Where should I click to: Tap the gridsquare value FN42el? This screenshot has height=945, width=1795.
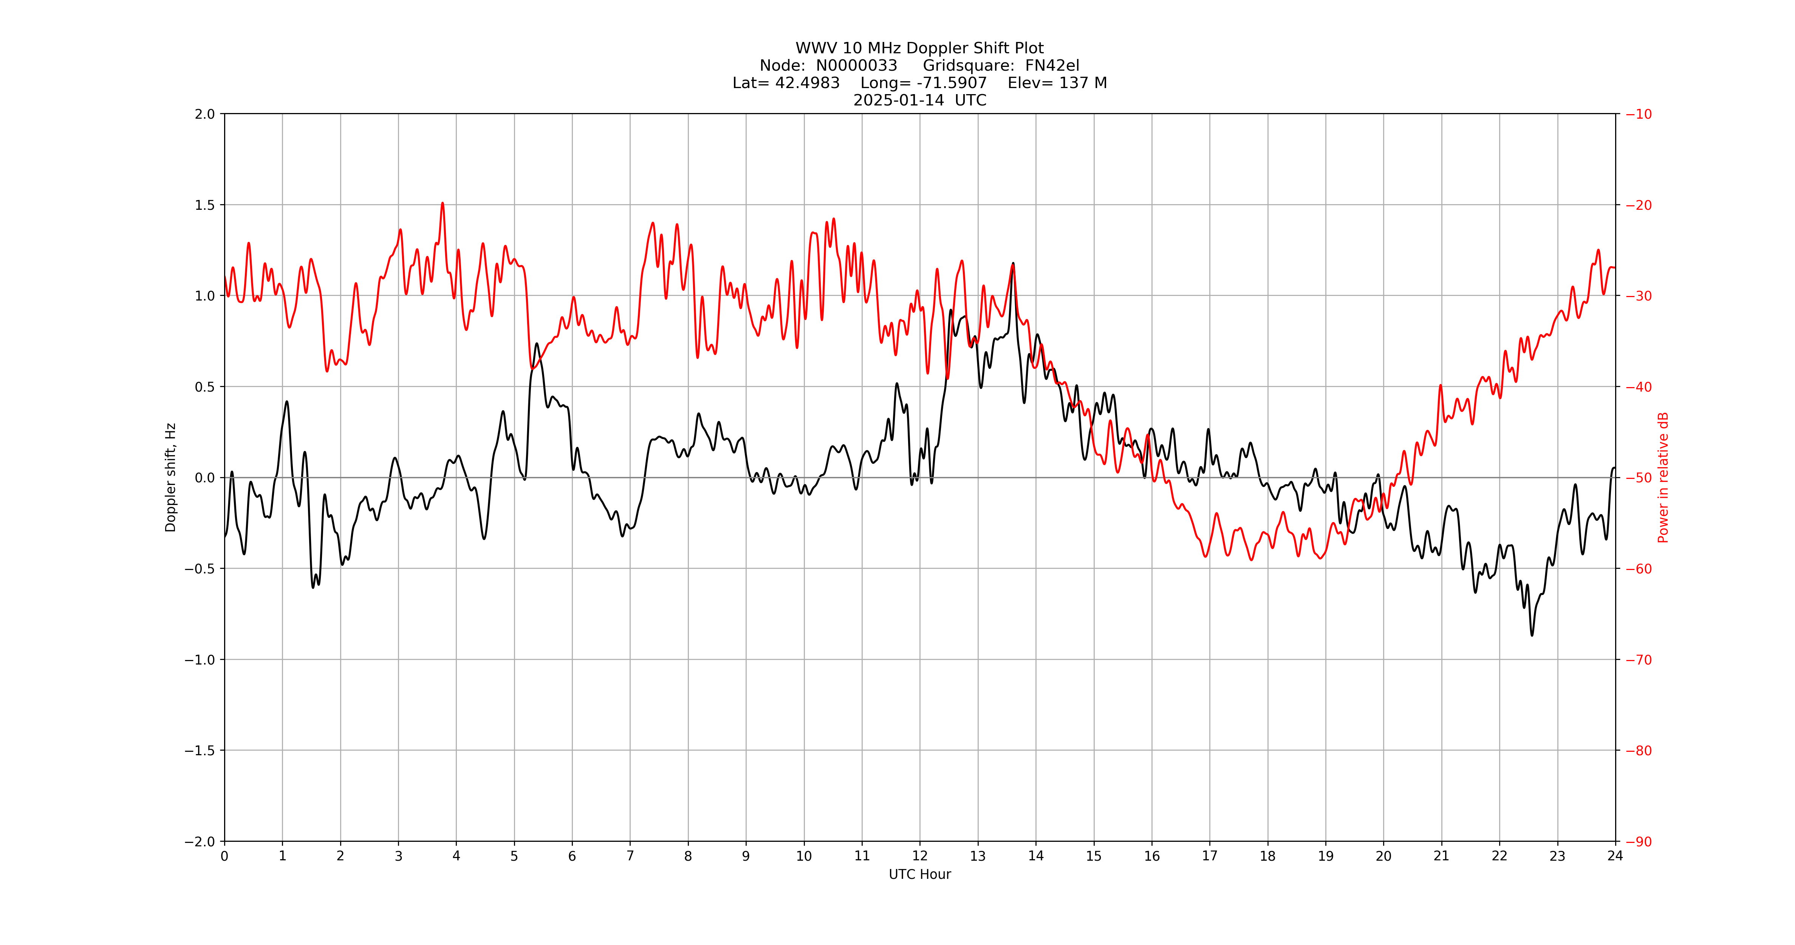pyautogui.click(x=1052, y=65)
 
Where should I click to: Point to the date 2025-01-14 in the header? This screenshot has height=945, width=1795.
pyautogui.click(x=899, y=100)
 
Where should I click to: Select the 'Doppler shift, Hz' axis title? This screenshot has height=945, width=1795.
pyautogui.click(x=171, y=477)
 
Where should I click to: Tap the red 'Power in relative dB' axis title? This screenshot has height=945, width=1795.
pyautogui.click(x=1663, y=477)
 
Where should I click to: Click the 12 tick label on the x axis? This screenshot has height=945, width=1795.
pyautogui.click(x=920, y=856)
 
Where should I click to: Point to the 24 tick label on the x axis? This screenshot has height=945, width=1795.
pyautogui.click(x=1615, y=856)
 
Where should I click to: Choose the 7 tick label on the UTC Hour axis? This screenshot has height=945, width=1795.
pyautogui.click(x=630, y=856)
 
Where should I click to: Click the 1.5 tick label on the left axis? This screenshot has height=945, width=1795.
pyautogui.click(x=205, y=205)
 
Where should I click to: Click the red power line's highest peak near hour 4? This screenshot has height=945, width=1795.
pyautogui.click(x=443, y=203)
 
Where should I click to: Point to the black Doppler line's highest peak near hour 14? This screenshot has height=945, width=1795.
pyautogui.click(x=1013, y=263)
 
